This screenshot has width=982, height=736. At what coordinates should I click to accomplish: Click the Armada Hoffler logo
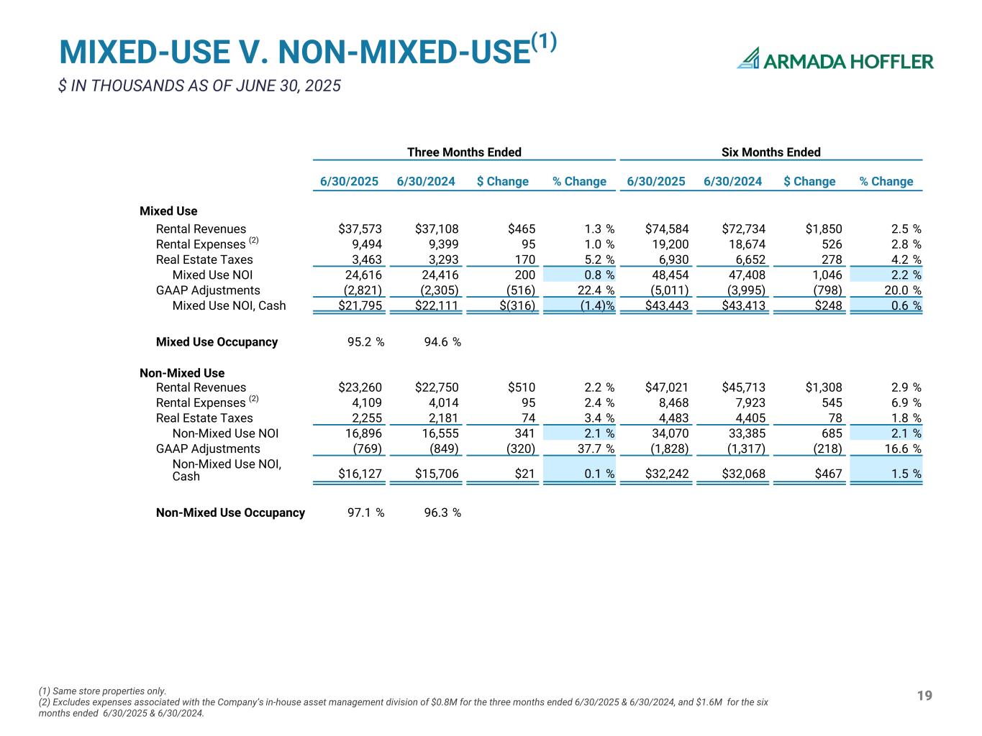[x=835, y=60]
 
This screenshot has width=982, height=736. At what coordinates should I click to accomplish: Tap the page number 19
[x=924, y=695]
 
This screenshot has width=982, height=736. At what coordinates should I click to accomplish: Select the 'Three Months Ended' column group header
[x=464, y=152]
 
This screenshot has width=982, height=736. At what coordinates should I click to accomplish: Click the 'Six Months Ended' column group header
[x=770, y=152]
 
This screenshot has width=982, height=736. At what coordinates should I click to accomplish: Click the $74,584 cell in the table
[x=667, y=229]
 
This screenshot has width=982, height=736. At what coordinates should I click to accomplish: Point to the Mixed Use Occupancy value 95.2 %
[x=365, y=342]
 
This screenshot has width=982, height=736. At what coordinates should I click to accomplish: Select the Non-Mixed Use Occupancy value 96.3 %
[x=442, y=512]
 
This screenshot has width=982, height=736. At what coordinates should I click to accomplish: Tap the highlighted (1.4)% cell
[x=592, y=305]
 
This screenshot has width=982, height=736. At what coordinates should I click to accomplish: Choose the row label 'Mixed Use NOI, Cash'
[x=229, y=305]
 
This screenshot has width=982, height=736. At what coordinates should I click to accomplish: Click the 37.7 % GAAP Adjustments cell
[x=592, y=448]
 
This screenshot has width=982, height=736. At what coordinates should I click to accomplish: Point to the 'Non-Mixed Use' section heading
[x=182, y=373]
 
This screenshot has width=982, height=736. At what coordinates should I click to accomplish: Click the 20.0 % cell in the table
[x=899, y=290]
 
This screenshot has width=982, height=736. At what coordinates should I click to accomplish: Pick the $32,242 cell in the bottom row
[x=667, y=474]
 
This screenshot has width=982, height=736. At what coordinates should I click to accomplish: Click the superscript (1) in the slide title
[x=544, y=42]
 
